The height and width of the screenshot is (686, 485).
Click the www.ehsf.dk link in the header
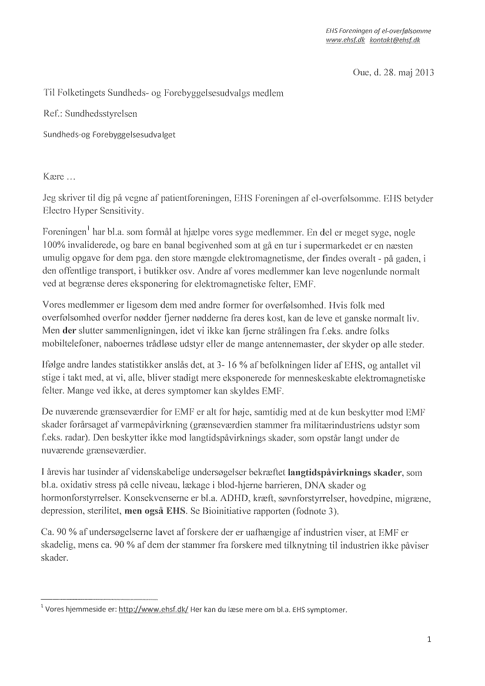(x=346, y=40)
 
